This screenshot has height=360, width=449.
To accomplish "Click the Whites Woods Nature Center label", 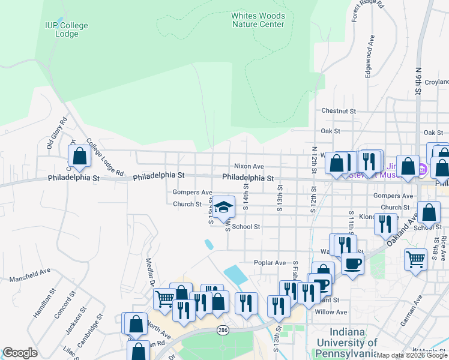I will pyautogui.click(x=258, y=20).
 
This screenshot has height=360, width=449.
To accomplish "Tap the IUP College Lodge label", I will pyautogui.click(x=67, y=29).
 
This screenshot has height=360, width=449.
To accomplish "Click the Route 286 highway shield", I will pyautogui.click(x=223, y=331).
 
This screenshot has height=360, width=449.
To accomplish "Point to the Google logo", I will pyautogui.click(x=20, y=353).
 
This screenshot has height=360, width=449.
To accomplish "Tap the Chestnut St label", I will pyautogui.click(x=339, y=111).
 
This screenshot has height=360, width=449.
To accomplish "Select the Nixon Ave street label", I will pyautogui.click(x=249, y=166).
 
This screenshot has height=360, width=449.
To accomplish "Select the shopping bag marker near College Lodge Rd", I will pyautogui.click(x=79, y=157).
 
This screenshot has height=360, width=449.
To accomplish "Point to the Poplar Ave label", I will pyautogui.click(x=270, y=263).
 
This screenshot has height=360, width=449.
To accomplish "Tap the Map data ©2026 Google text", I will pyautogui.click(x=412, y=355).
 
